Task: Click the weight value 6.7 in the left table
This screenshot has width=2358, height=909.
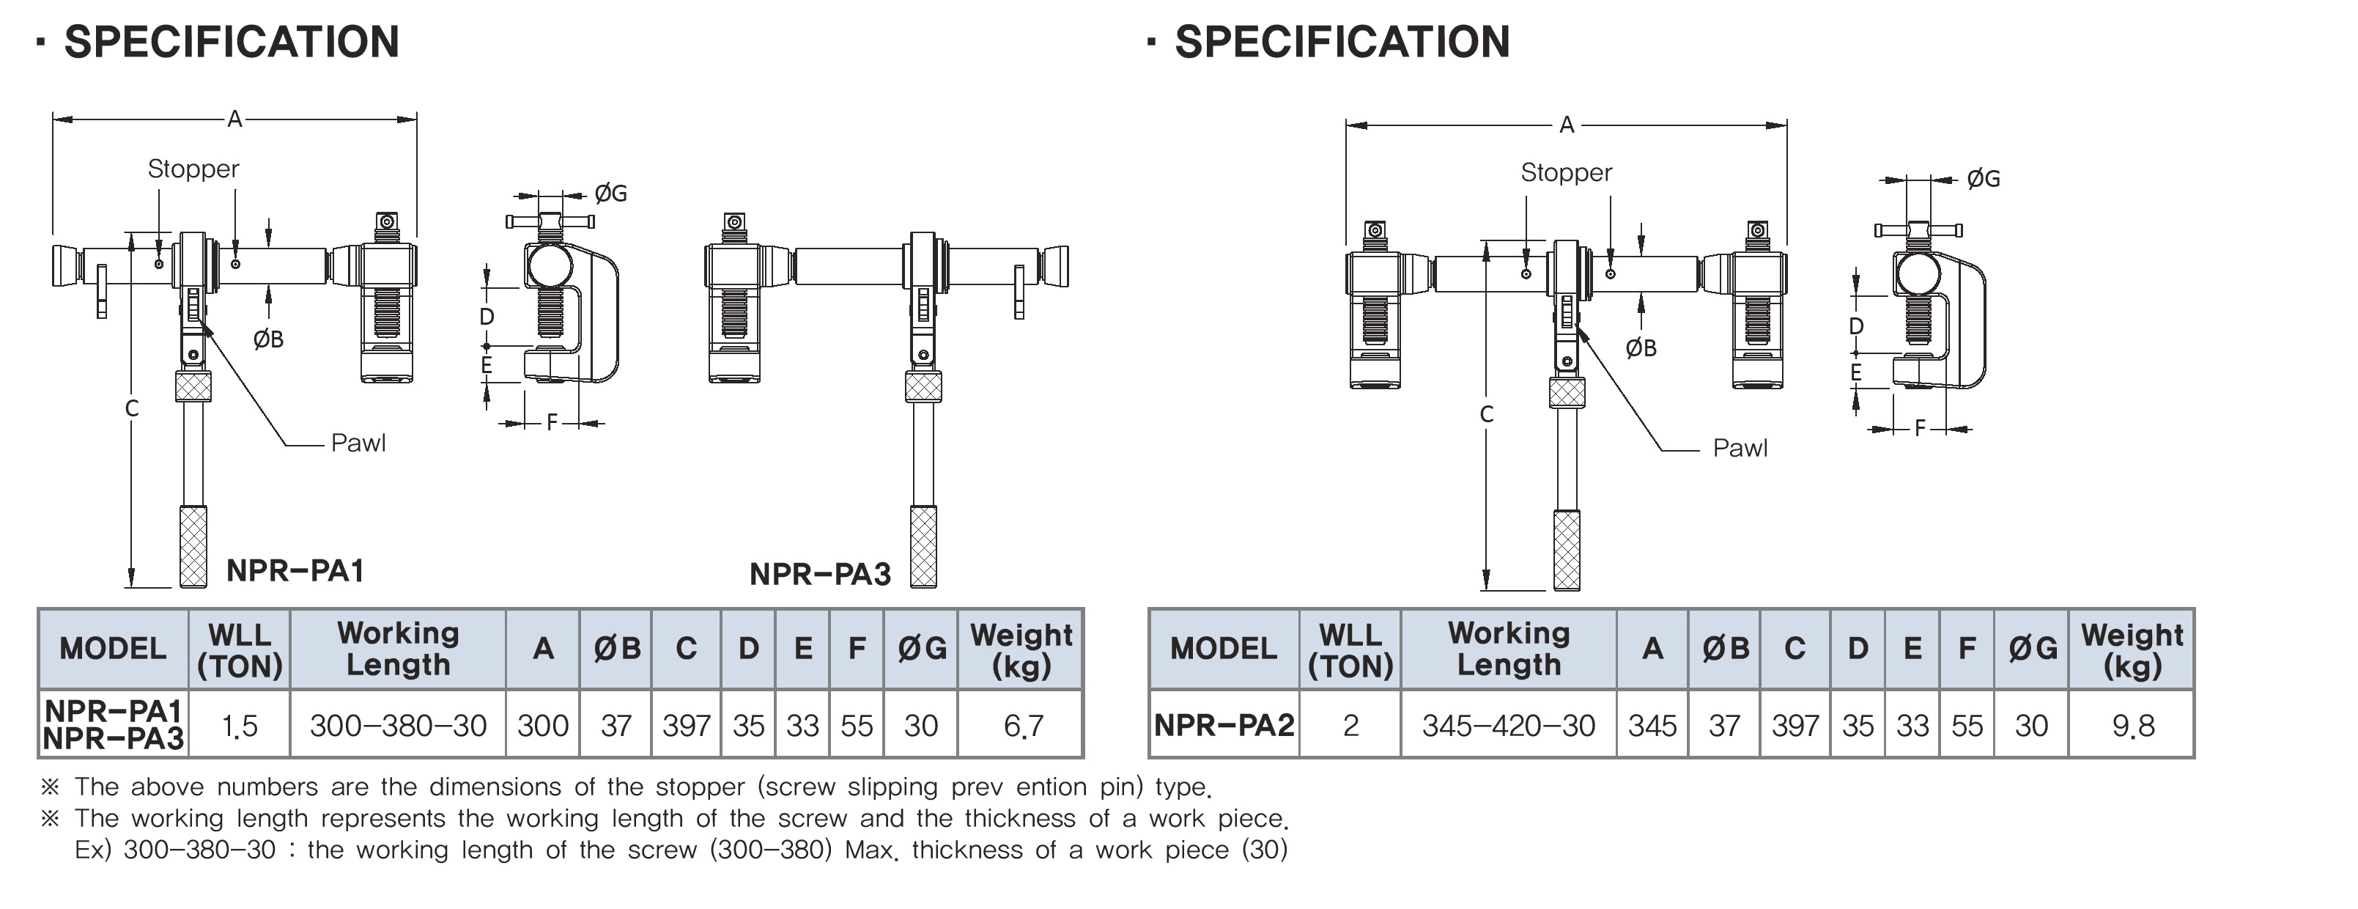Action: click(1022, 726)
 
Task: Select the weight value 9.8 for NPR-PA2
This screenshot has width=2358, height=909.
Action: click(2133, 726)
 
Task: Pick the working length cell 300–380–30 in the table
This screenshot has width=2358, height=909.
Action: click(398, 726)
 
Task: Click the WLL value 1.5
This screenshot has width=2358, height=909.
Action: click(240, 726)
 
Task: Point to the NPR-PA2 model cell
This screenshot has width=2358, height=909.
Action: click(1224, 725)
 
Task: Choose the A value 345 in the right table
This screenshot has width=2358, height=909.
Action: click(1652, 726)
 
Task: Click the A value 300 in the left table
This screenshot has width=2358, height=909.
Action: click(543, 726)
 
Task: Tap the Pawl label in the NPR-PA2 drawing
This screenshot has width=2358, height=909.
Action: click(1740, 449)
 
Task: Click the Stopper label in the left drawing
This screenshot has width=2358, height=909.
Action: click(193, 169)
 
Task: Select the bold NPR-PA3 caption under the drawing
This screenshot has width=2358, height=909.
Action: click(820, 574)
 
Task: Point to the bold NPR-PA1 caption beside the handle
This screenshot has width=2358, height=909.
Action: click(295, 570)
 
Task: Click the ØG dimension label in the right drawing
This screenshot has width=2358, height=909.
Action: click(1983, 180)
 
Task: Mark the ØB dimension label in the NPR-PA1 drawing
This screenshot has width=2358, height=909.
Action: click(268, 339)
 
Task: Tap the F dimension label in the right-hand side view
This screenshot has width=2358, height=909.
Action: click(1921, 428)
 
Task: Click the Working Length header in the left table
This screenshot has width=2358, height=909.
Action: click(398, 648)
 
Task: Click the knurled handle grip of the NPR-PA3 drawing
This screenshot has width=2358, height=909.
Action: click(923, 546)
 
